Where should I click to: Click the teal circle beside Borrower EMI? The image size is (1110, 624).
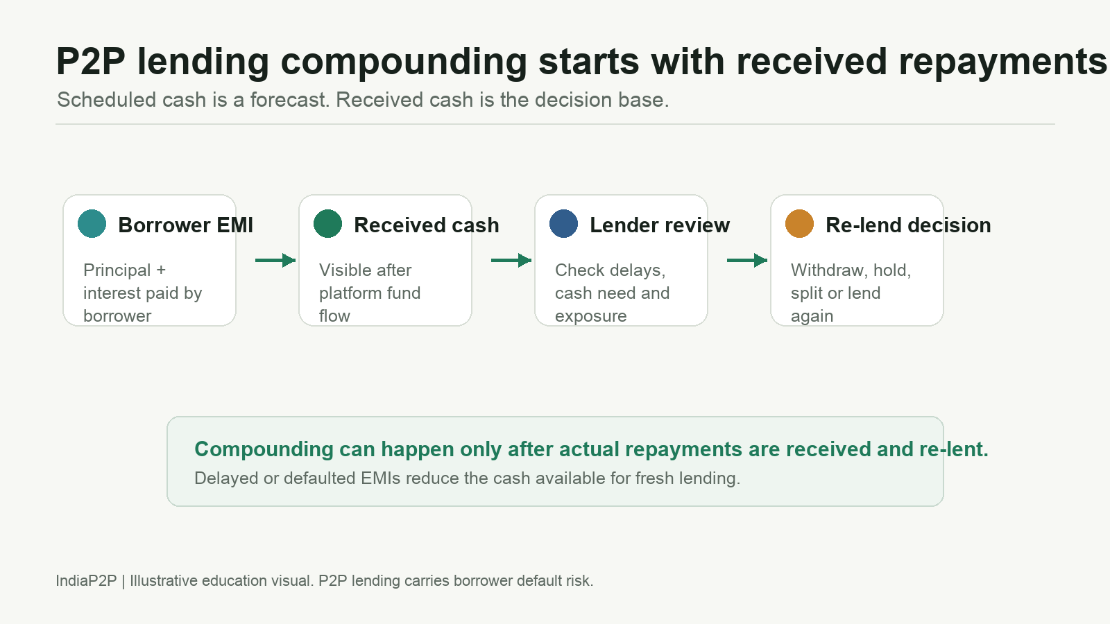click(92, 224)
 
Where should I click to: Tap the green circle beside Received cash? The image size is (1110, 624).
click(327, 224)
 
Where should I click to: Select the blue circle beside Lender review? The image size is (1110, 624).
click(563, 224)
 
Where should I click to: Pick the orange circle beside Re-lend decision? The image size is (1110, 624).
click(799, 224)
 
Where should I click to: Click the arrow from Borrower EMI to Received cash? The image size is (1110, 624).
click(275, 260)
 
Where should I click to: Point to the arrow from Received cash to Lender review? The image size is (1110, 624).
click(511, 260)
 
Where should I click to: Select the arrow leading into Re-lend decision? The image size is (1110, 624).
click(747, 260)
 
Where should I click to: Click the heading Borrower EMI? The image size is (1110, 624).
click(185, 225)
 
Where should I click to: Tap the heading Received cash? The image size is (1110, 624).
click(426, 225)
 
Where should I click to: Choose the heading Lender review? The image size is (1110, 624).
click(660, 225)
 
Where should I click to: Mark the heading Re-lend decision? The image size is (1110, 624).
click(908, 225)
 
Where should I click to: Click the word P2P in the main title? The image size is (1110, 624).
click(91, 62)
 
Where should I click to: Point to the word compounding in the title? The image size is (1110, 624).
click(403, 62)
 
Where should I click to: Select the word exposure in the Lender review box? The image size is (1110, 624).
click(590, 316)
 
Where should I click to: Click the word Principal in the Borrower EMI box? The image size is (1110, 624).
click(117, 270)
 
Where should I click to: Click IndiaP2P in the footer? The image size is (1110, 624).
click(86, 580)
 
